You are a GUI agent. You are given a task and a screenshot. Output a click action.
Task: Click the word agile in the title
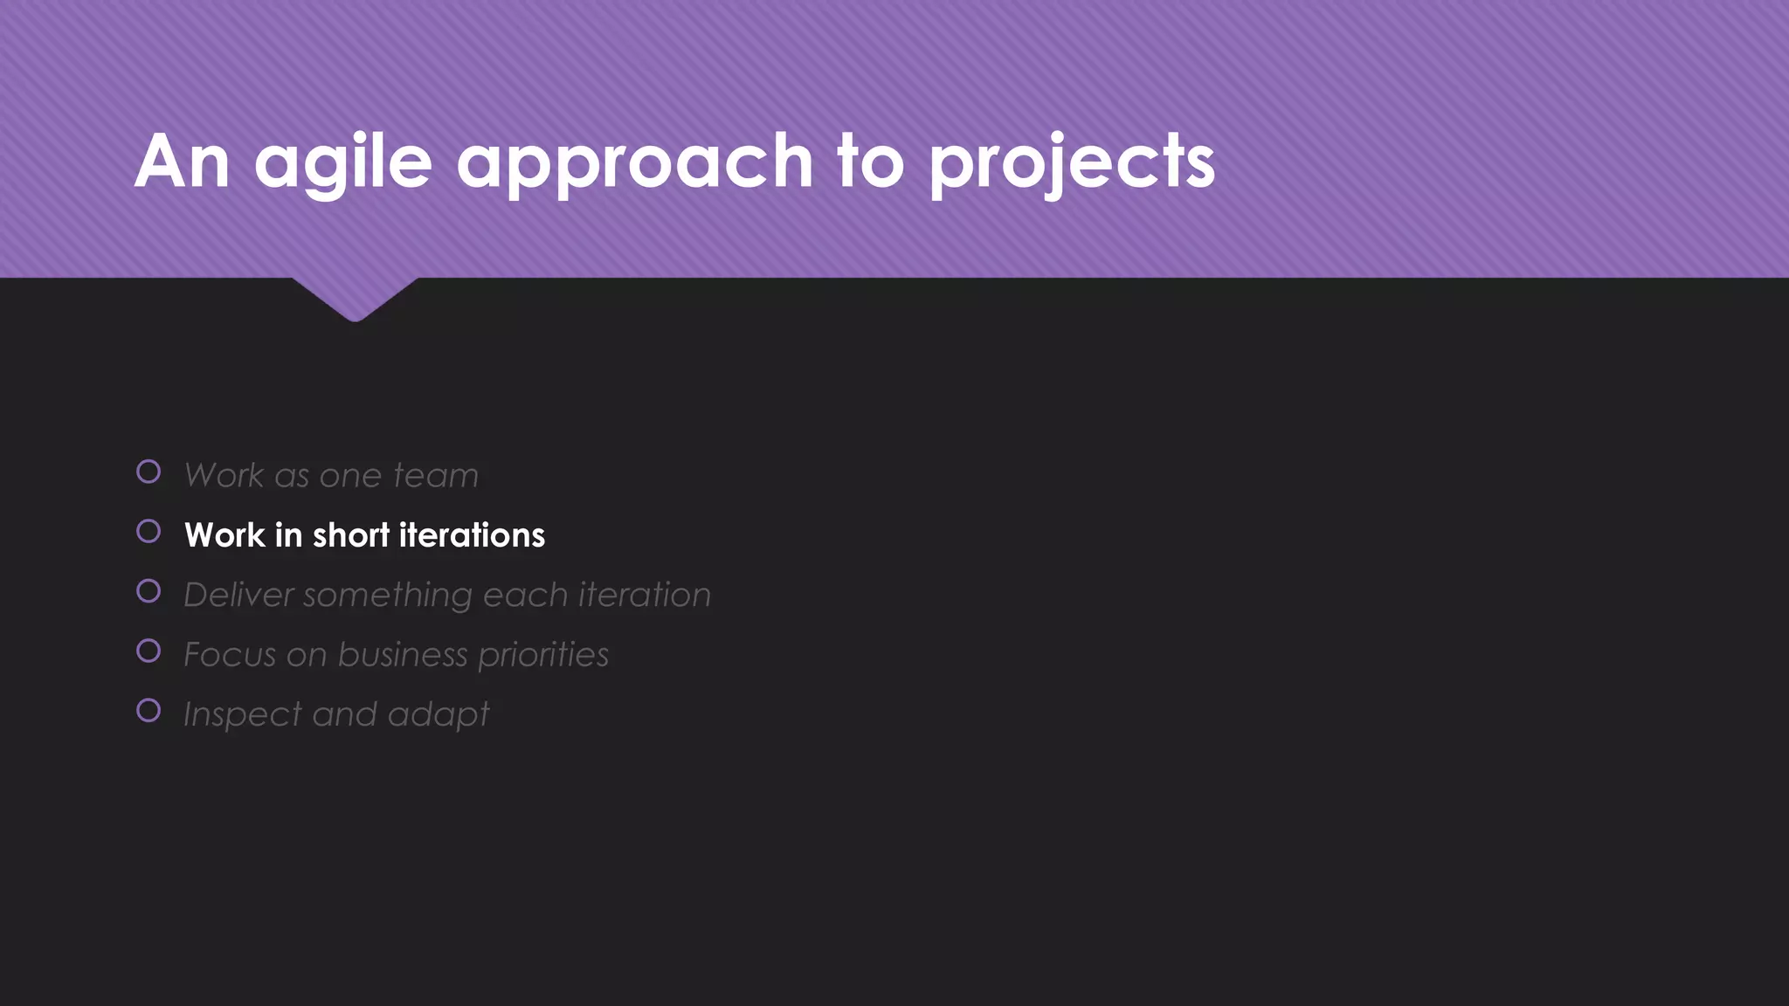(343, 162)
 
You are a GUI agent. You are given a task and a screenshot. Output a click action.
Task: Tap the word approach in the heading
(635, 162)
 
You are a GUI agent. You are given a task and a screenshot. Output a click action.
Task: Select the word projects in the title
(1072, 162)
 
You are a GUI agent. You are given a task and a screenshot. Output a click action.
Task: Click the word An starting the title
(183, 162)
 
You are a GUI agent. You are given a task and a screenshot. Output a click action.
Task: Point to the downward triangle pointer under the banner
(355, 299)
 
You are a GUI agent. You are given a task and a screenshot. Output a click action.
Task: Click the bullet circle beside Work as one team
(149, 472)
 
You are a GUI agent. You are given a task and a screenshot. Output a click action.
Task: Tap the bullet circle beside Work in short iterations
(149, 532)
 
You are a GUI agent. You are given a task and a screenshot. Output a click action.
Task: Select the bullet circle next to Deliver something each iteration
(149, 591)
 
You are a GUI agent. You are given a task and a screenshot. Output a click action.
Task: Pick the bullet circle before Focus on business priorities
(149, 651)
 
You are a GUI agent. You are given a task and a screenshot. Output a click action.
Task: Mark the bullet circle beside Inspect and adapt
(149, 711)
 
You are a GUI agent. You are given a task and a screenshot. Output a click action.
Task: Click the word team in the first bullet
(436, 476)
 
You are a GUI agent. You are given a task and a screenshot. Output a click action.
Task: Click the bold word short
(350, 535)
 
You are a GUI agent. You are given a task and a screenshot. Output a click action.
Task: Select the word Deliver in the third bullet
(238, 596)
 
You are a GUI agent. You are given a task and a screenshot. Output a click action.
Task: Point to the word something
(388, 596)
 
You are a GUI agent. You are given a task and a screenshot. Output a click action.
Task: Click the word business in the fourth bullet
(403, 655)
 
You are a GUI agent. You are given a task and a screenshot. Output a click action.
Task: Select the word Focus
(230, 655)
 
